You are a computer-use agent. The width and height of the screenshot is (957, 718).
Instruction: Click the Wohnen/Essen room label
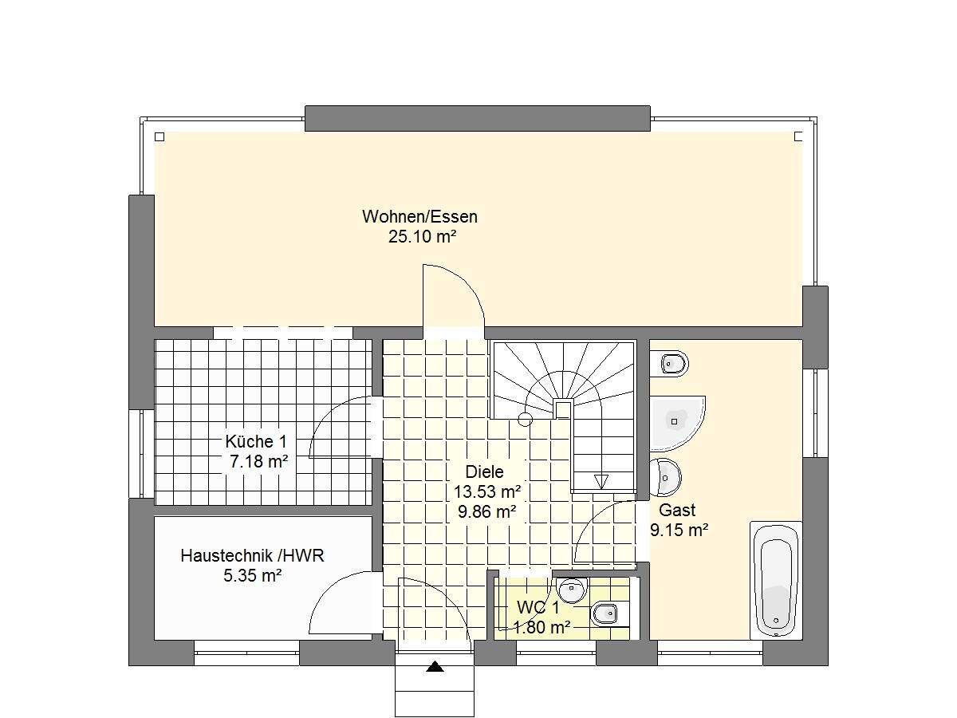click(x=419, y=216)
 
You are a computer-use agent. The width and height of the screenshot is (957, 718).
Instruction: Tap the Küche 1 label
click(x=255, y=441)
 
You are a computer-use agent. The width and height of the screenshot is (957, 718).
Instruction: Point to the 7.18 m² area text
click(x=258, y=461)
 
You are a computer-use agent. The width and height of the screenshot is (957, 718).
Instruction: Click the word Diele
click(x=485, y=471)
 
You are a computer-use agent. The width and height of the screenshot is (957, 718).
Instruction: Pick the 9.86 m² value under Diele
click(x=486, y=511)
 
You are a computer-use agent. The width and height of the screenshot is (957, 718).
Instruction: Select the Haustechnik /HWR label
click(x=252, y=555)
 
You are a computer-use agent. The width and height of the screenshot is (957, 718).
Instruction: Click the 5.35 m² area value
click(x=253, y=575)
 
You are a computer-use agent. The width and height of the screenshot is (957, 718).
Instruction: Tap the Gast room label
click(x=677, y=510)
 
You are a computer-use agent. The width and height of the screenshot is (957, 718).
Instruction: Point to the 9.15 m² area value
click(x=679, y=530)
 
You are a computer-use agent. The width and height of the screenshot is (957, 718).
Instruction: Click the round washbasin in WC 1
click(x=571, y=590)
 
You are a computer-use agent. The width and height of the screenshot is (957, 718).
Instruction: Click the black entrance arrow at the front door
click(x=435, y=666)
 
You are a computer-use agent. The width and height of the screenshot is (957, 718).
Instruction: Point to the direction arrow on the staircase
click(x=601, y=480)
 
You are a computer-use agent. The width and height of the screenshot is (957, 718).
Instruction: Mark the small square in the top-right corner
click(x=799, y=136)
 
